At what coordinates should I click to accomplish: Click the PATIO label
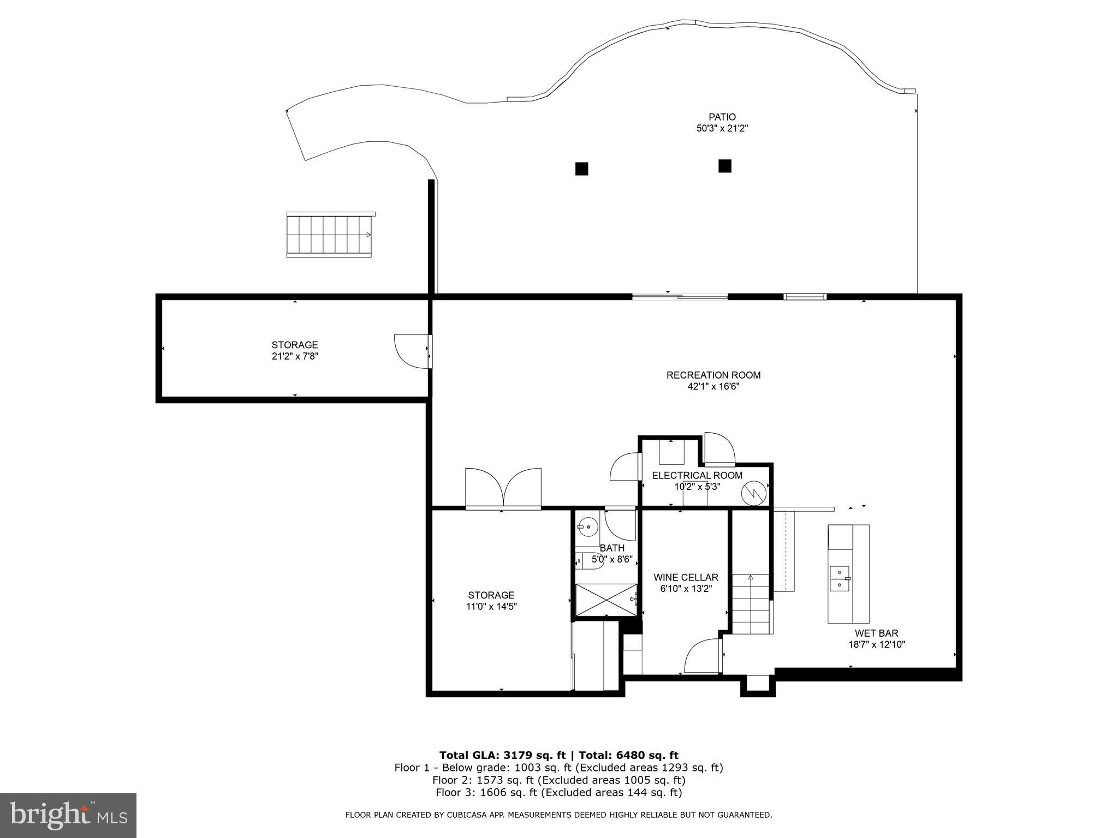(x=722, y=117)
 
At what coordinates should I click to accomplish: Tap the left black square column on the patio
(x=581, y=169)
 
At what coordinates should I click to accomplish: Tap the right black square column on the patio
(x=724, y=166)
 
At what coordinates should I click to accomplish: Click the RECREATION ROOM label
(x=713, y=375)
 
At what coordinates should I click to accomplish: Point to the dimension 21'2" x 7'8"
(x=295, y=356)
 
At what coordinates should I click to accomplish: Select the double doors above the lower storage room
(x=503, y=489)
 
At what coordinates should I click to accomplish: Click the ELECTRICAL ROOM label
(x=697, y=475)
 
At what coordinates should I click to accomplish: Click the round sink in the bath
(x=587, y=527)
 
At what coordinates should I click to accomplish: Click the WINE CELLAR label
(x=686, y=577)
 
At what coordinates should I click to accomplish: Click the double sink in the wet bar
(x=840, y=579)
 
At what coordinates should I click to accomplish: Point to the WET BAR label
(x=876, y=633)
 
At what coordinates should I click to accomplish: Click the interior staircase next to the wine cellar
(x=752, y=604)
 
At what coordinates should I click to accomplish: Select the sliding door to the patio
(x=680, y=297)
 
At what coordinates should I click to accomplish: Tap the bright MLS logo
(x=68, y=816)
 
